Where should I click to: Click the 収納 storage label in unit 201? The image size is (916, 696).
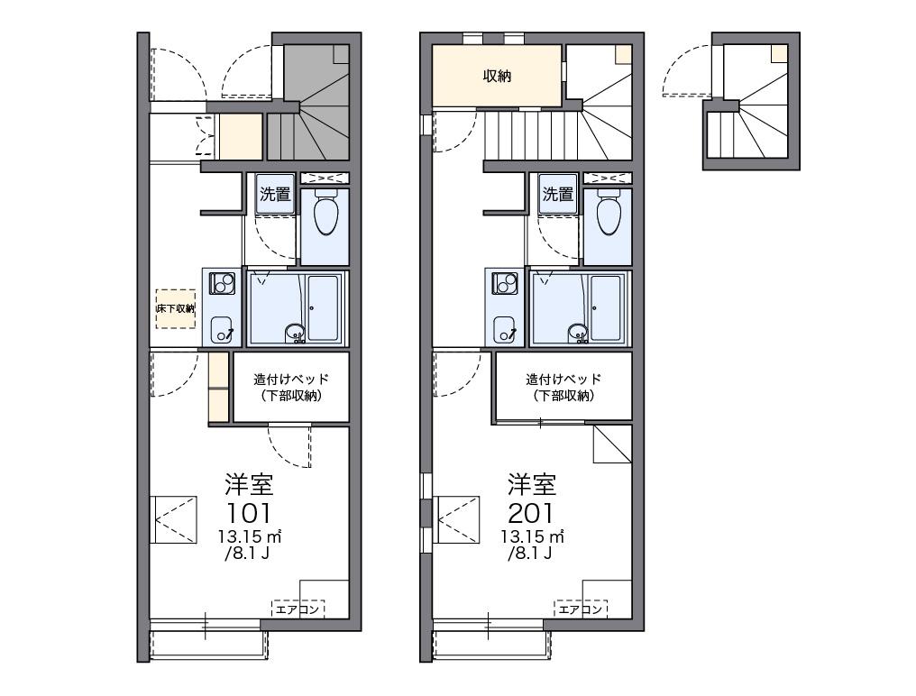click(497, 77)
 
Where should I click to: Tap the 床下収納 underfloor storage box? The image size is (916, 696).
click(175, 308)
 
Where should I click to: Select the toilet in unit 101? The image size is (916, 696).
click(325, 215)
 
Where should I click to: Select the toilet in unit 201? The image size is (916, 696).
click(608, 215)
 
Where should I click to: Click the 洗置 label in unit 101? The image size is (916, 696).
click(275, 193)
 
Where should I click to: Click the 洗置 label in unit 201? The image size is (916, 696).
click(558, 193)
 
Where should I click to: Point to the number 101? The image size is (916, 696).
click(248, 514)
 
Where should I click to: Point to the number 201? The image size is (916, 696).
click(531, 514)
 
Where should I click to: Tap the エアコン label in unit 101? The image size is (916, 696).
click(298, 609)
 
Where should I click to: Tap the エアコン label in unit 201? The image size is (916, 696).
click(581, 609)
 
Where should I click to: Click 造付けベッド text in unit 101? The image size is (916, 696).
click(290, 380)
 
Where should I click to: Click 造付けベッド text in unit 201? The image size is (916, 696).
click(563, 380)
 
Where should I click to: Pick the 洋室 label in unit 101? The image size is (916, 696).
click(249, 484)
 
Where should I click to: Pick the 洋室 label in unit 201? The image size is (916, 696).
click(531, 484)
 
